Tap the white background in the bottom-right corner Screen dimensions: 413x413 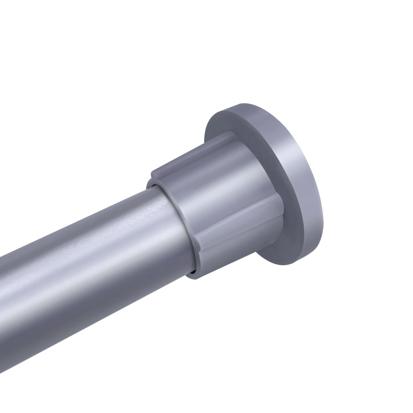pos(374,374)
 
